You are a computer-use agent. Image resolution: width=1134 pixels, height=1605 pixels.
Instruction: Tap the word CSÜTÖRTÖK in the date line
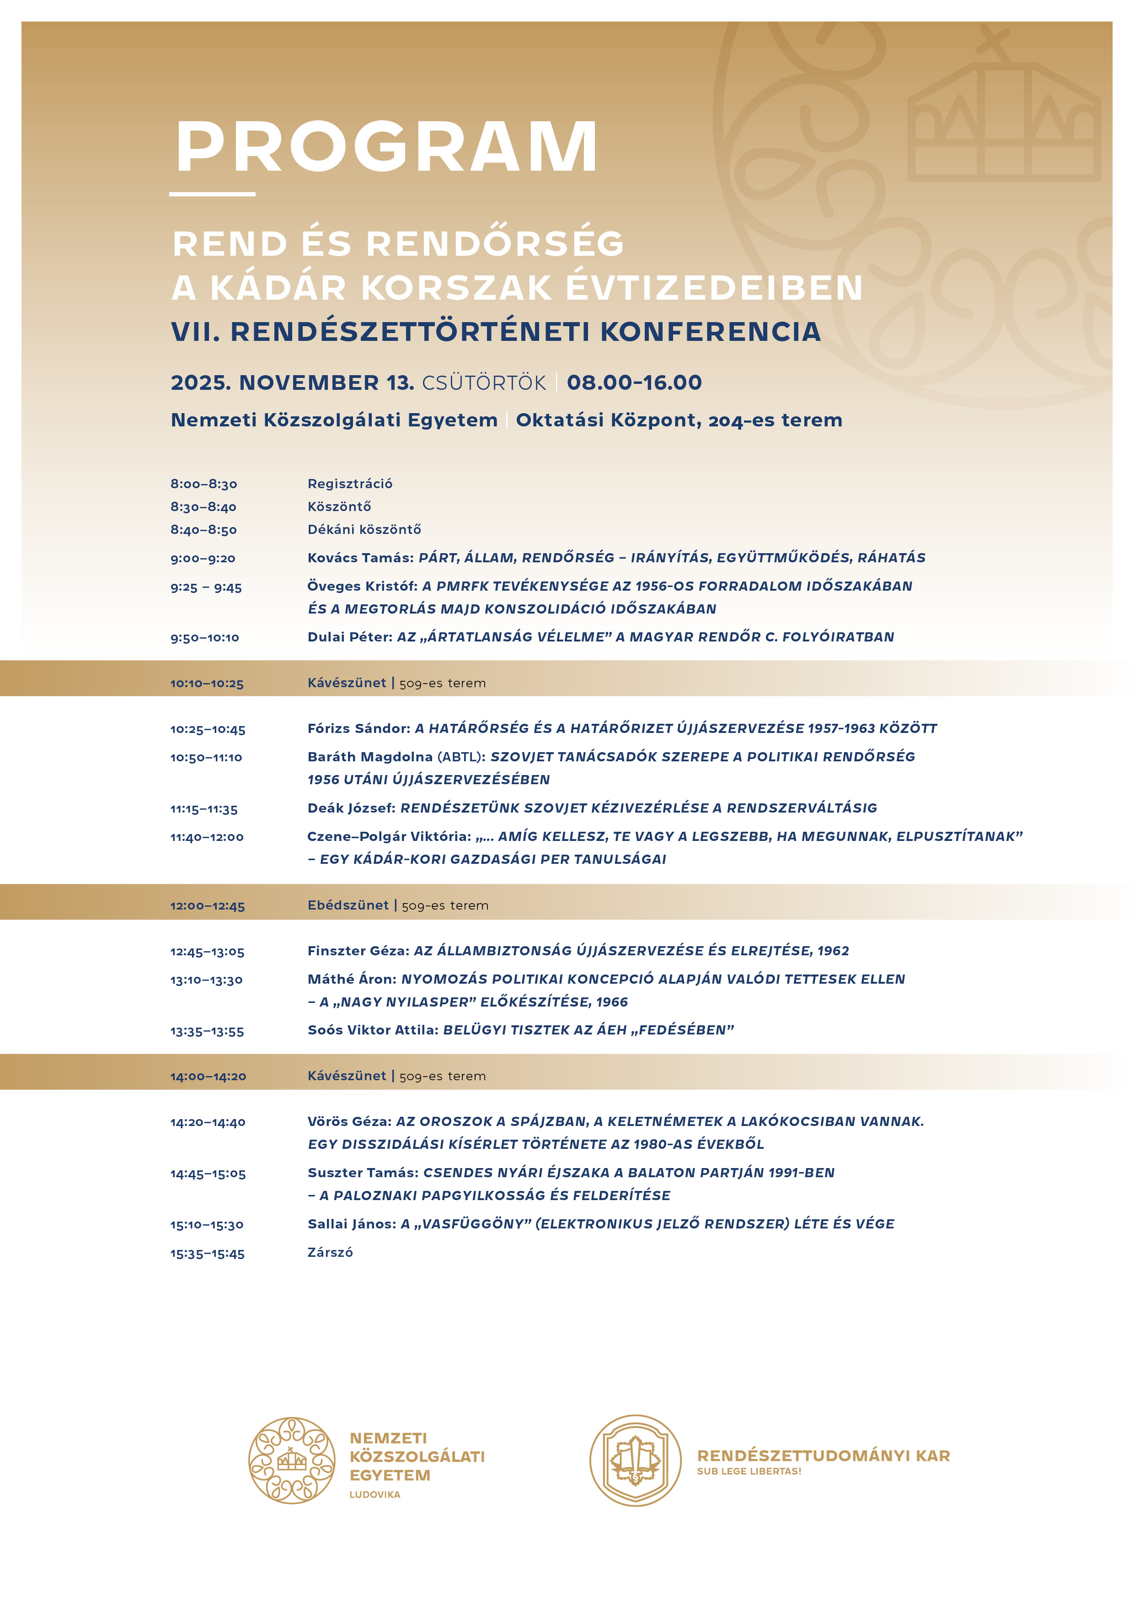483,382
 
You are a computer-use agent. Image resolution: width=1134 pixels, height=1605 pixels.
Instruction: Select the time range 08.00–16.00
634,382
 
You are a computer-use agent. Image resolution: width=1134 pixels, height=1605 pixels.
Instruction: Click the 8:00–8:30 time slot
203,484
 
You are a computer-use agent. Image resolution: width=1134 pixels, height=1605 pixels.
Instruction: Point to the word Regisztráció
349,484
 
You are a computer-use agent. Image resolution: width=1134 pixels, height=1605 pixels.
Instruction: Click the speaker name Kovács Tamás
360,558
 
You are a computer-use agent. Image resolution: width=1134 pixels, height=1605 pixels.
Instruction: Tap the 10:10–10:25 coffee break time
207,684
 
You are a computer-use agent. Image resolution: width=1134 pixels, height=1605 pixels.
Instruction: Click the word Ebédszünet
347,905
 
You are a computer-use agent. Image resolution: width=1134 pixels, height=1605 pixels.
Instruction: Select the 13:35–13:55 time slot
207,1031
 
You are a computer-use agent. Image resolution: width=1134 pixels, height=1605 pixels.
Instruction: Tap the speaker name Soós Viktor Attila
372,1030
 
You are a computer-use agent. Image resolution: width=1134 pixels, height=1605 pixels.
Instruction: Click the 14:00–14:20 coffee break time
208,1077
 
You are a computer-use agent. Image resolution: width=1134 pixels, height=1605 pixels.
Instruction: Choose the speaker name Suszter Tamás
363,1173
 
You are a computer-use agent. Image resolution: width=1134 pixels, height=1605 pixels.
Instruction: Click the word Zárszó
330,1253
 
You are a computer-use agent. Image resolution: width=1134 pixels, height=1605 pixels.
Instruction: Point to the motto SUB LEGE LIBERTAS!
749,1471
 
